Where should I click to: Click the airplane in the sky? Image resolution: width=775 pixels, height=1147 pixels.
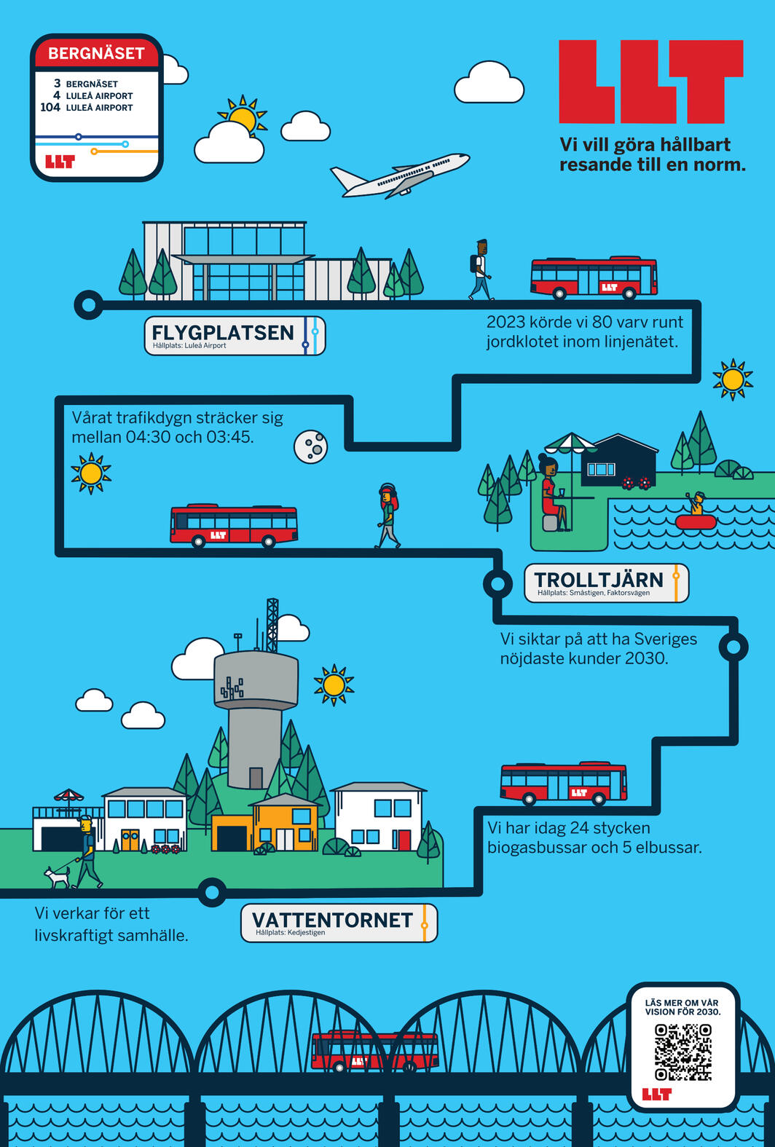(x=401, y=176)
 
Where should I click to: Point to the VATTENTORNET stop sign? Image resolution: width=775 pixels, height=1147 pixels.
(x=339, y=923)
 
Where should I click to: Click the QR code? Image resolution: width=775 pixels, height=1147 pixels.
(x=682, y=1052)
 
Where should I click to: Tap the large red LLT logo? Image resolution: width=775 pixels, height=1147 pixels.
(x=650, y=82)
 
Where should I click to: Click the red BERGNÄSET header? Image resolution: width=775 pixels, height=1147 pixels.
(x=96, y=53)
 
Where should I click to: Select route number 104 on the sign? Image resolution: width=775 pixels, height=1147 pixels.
(x=50, y=107)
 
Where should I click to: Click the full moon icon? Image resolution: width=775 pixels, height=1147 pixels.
(x=311, y=446)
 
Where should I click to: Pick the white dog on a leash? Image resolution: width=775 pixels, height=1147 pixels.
(x=57, y=877)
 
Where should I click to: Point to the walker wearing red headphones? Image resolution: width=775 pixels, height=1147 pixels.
(x=387, y=515)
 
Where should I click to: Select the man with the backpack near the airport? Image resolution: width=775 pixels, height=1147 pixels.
(x=481, y=269)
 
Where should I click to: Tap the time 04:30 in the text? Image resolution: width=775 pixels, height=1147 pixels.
(x=148, y=437)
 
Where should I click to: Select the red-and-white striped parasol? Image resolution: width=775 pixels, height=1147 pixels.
(x=68, y=795)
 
